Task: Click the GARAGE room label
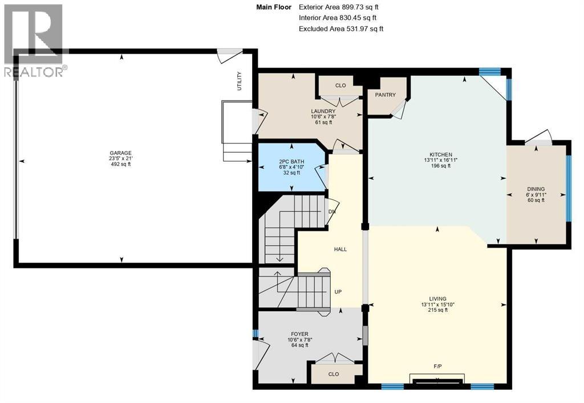121,153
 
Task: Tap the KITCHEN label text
441,154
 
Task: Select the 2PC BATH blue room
291,166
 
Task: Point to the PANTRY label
385,95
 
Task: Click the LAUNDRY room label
319,111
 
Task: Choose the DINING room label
536,189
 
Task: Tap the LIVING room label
438,299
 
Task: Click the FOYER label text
299,335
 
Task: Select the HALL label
340,249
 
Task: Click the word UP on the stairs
338,292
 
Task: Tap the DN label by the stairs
331,211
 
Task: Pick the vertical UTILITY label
240,81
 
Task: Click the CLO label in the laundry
340,86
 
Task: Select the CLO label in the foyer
334,374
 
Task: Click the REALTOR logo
34,40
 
